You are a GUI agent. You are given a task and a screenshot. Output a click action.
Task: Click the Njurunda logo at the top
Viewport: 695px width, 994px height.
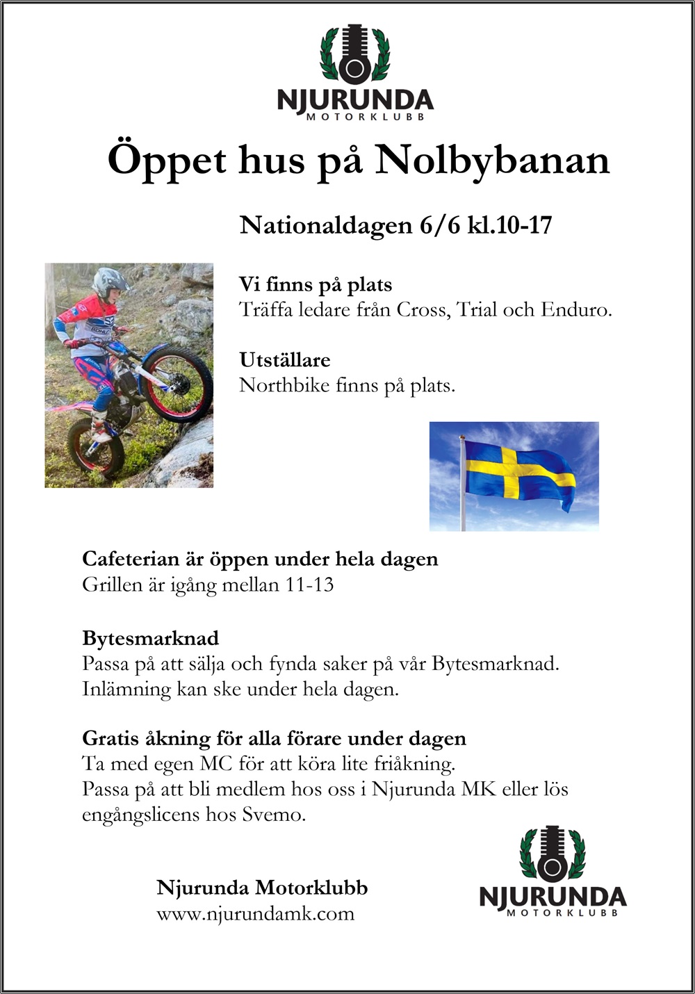pyautogui.click(x=354, y=73)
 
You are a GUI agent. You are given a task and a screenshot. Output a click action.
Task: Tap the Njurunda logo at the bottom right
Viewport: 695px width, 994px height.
pyautogui.click(x=553, y=871)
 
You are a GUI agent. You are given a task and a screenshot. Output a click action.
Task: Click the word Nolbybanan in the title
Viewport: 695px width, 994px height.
pyautogui.click(x=493, y=161)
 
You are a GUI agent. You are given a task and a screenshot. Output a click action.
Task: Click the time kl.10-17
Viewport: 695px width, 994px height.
pyautogui.click(x=509, y=225)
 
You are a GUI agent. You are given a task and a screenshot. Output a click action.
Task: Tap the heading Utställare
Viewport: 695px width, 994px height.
pyautogui.click(x=284, y=360)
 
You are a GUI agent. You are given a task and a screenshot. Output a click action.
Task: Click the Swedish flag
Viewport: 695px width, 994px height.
pyautogui.click(x=518, y=475)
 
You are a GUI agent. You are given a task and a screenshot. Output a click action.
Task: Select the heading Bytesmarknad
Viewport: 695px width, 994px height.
pyautogui.click(x=150, y=638)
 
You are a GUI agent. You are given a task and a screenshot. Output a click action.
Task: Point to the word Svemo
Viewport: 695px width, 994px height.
pyautogui.click(x=272, y=814)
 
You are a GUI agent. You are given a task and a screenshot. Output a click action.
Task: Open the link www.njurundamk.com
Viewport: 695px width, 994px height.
pyautogui.click(x=255, y=913)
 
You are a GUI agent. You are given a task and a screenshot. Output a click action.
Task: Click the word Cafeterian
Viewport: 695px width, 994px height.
pyautogui.click(x=130, y=559)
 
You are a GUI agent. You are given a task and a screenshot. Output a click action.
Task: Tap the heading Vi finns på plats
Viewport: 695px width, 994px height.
pyautogui.click(x=316, y=284)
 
